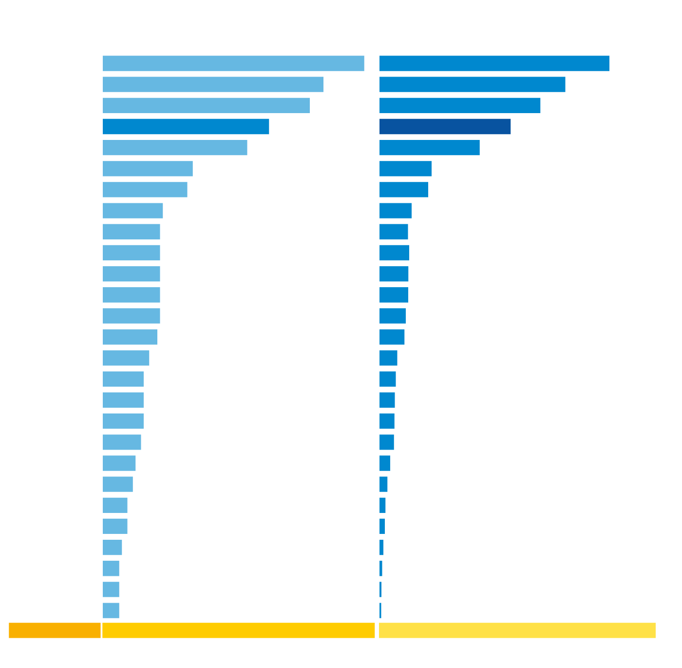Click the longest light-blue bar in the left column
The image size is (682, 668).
click(233, 63)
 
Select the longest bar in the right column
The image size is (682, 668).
click(494, 63)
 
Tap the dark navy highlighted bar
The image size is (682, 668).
click(445, 126)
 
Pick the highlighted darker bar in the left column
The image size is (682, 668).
click(186, 126)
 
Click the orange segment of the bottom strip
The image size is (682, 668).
click(55, 630)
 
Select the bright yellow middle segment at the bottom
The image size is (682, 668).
click(238, 630)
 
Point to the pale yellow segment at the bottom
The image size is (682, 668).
click(517, 630)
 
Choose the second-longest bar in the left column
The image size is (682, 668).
click(213, 84)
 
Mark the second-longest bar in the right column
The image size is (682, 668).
click(472, 84)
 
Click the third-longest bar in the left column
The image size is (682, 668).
click(206, 105)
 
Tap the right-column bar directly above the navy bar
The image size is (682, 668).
click(459, 105)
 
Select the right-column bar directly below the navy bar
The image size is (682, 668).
click(429, 147)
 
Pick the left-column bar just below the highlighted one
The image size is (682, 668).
click(175, 147)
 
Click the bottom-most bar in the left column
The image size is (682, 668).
click(111, 610)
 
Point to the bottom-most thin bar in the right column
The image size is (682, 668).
click(380, 610)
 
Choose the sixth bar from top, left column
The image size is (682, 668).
click(148, 168)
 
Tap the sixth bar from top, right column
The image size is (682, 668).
click(405, 168)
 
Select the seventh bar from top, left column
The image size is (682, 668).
click(145, 189)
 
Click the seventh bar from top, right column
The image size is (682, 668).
click(404, 189)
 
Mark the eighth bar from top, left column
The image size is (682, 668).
click(133, 211)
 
